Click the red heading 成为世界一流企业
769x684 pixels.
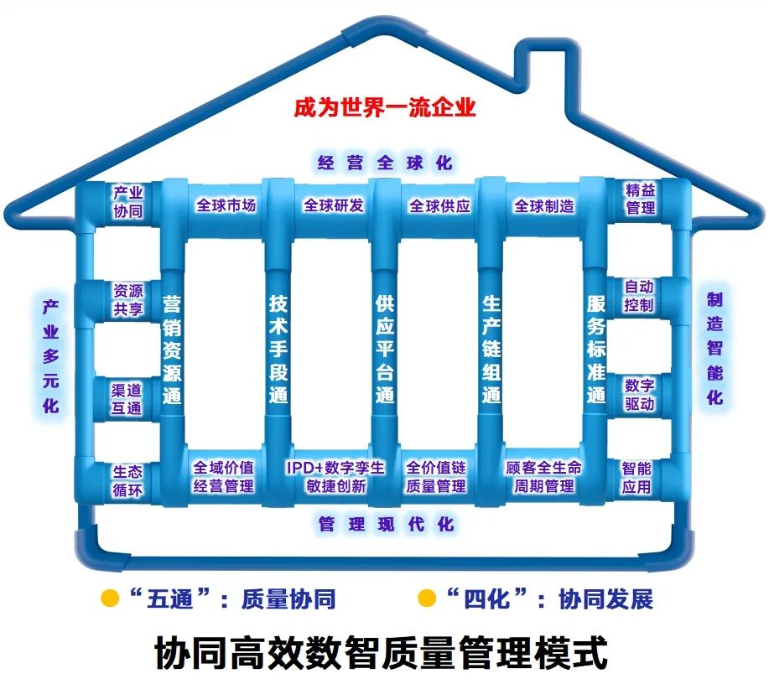pos(384,108)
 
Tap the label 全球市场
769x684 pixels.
pos(226,205)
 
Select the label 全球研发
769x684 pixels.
pos(333,205)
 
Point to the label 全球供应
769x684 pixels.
pos(439,205)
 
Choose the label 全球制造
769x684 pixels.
pos(544,205)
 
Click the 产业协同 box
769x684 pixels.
pos(127,201)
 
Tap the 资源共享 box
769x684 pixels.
pos(127,299)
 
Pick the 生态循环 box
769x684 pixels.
pos(127,480)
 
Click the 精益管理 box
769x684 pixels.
pos(640,199)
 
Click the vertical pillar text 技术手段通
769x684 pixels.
pos(278,348)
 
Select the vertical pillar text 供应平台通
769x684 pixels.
pos(384,348)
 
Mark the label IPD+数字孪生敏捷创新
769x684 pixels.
pos(335,476)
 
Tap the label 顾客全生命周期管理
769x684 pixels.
pos(543,476)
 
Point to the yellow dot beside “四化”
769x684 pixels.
pos(427,598)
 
